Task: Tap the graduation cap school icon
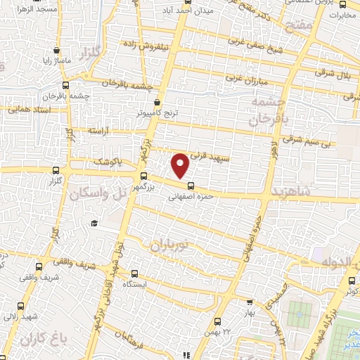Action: pos(93,223)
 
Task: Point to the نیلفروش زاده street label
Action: pos(148,44)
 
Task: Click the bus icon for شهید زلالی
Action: pos(20,306)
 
